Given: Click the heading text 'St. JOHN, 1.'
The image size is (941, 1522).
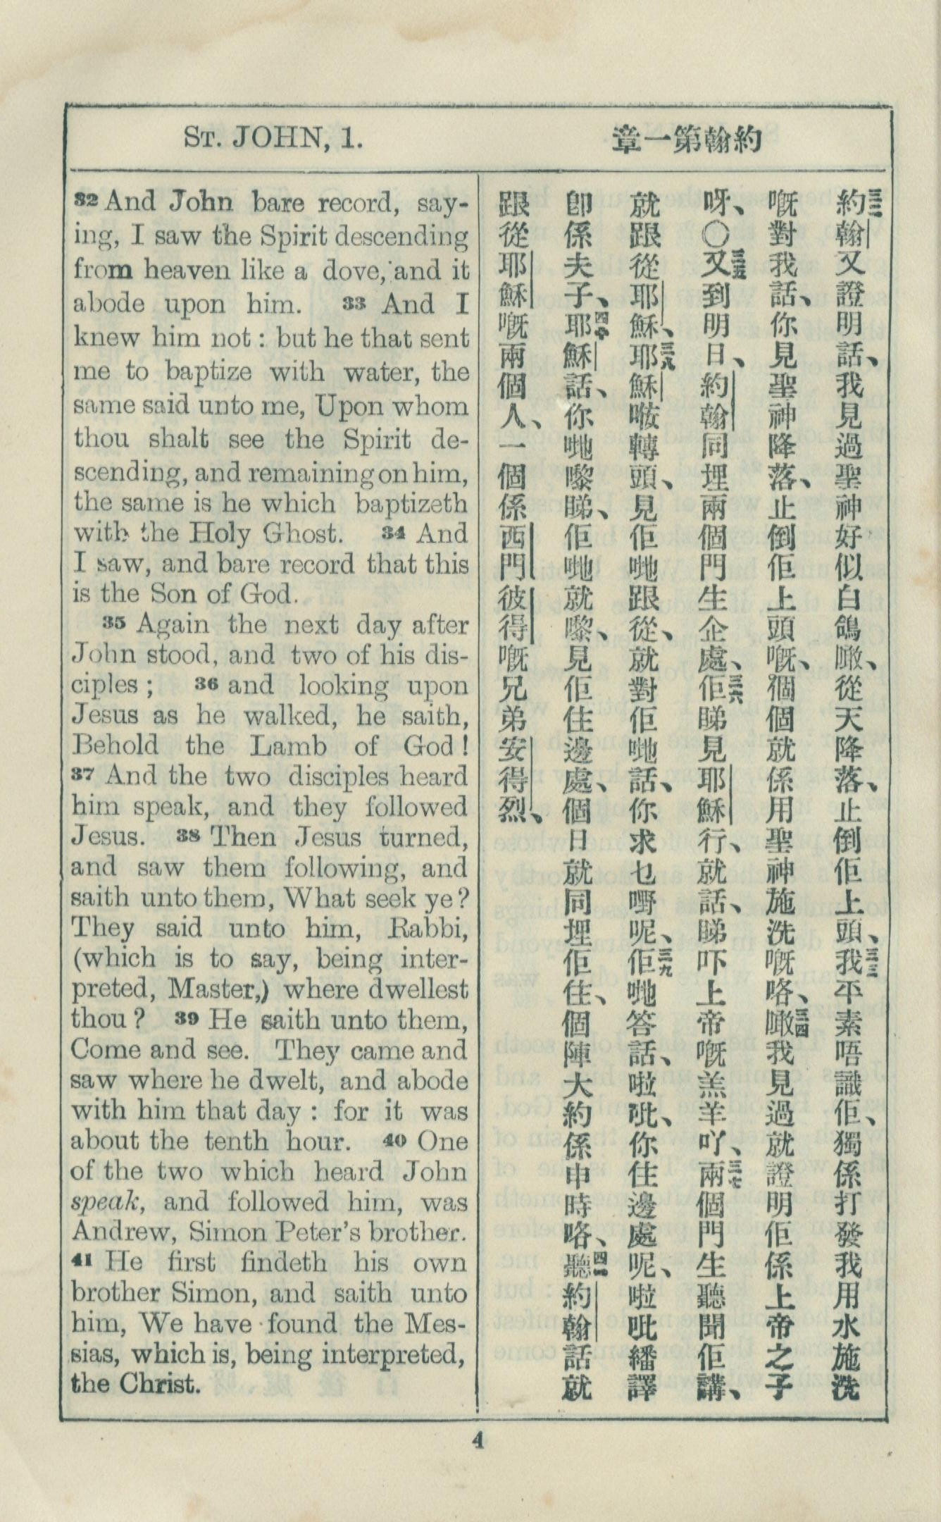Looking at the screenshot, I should pos(273,137).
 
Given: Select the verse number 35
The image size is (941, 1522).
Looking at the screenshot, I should pos(116,622).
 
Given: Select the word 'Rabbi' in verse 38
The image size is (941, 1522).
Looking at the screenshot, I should pos(429,929).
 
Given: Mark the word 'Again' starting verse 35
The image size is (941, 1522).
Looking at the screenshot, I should pos(172,624).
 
